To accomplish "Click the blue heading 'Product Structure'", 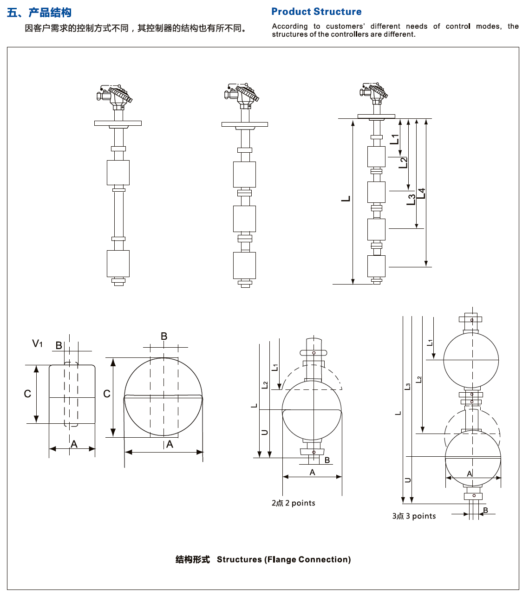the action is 316,12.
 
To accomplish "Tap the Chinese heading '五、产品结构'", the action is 39,13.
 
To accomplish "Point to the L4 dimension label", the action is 422,193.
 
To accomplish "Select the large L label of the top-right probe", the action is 346,199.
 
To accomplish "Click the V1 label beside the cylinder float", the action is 37,343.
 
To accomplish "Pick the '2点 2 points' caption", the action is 293,503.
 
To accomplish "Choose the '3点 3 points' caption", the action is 414,516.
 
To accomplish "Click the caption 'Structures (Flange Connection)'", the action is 284,559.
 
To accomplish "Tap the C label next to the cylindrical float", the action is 27,394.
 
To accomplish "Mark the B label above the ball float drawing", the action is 164,336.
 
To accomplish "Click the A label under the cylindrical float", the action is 74,444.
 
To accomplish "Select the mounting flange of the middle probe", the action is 245,124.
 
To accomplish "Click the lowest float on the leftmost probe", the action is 118,263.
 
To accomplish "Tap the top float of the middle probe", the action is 244,175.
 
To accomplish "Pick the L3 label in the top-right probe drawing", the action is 411,200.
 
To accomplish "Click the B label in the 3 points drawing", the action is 485,511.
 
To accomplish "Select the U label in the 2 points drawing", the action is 265,432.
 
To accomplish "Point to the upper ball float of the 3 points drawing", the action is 471,360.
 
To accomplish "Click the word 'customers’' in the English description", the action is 345,26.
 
